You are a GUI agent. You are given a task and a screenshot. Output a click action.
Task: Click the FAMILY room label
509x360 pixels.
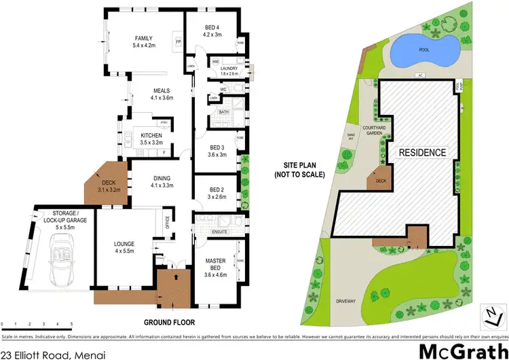(143, 38)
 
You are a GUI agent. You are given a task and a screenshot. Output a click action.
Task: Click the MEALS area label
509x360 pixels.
(161, 90)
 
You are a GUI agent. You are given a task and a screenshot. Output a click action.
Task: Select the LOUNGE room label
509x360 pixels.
(124, 243)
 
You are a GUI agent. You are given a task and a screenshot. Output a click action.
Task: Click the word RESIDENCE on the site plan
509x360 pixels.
(421, 153)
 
